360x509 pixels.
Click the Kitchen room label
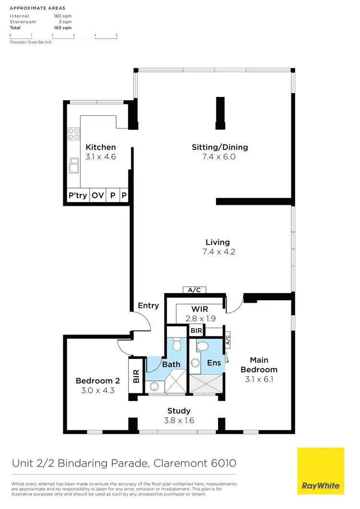point(100,147)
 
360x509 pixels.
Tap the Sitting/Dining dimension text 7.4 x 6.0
point(220,156)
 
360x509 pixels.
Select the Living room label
point(217,242)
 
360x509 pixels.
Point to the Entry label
point(148,306)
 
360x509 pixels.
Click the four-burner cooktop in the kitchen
point(73,133)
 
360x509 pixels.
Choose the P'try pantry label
point(78,196)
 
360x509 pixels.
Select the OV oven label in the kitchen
point(98,196)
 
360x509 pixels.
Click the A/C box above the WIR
point(195,290)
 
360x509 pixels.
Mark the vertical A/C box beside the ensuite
point(228,340)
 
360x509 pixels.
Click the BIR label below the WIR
point(196,331)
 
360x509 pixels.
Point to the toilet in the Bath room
point(176,344)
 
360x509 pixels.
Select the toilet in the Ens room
point(202,345)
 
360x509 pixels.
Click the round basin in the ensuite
point(195,363)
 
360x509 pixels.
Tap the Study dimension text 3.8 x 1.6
point(179,420)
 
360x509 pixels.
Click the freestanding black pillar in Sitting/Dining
point(220,113)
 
